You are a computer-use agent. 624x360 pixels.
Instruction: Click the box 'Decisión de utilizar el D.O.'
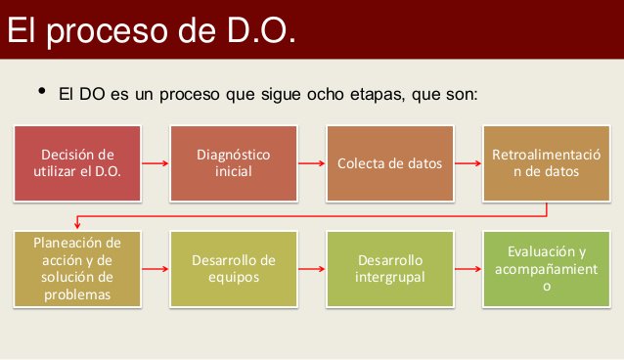click(x=77, y=162)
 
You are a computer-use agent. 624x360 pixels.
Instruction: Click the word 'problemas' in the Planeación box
click(x=77, y=294)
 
